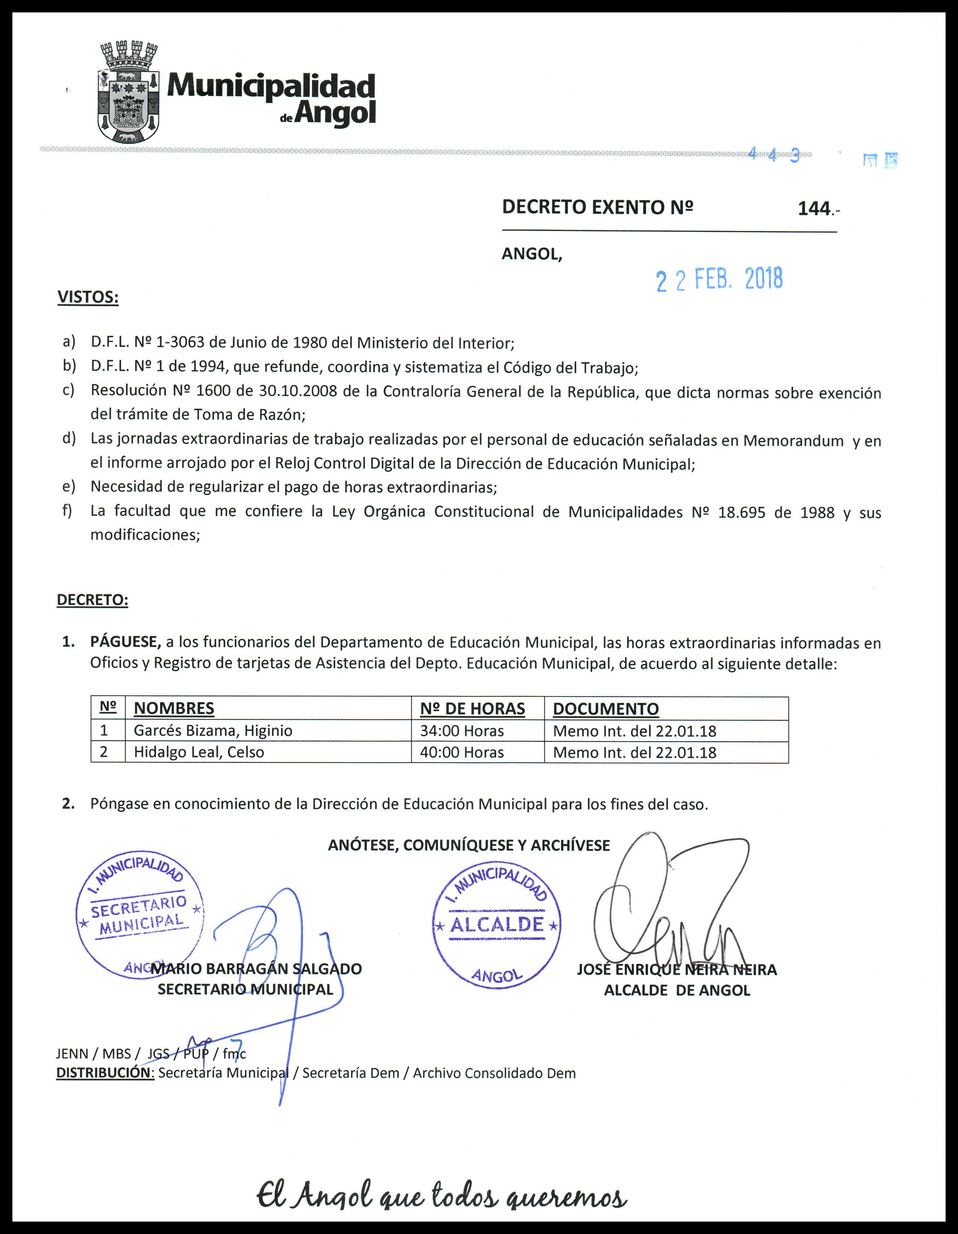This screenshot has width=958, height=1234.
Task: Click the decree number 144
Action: [x=814, y=208]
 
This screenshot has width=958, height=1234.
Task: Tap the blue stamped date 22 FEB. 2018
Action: [x=719, y=279]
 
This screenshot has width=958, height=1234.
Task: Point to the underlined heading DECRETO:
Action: [x=92, y=600]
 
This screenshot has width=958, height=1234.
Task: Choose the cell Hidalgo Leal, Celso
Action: [x=198, y=752]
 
